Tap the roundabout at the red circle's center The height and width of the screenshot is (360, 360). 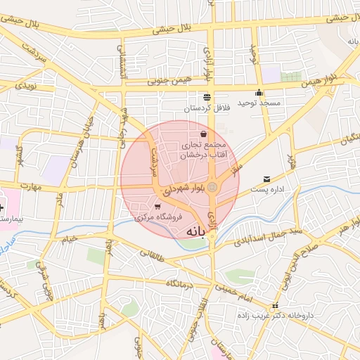point(212,186)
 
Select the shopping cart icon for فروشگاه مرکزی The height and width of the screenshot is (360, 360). point(157,207)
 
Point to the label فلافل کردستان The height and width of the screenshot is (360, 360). point(206,109)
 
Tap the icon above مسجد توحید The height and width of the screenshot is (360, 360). point(259,92)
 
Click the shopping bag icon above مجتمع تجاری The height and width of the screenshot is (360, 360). point(204,134)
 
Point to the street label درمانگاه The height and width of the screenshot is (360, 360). point(180,285)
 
